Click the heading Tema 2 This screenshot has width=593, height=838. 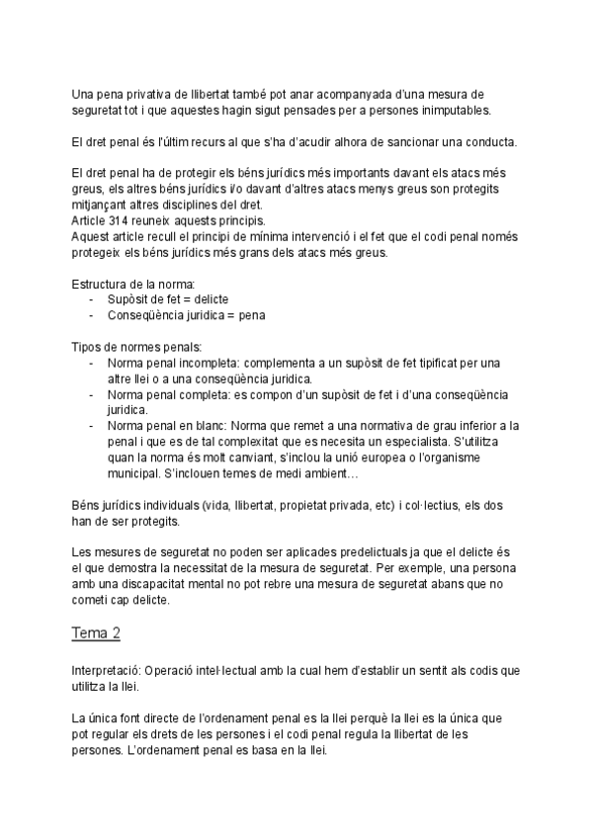tap(98, 630)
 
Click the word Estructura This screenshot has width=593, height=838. tap(101, 284)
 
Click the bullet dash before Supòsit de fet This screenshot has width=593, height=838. tap(92, 299)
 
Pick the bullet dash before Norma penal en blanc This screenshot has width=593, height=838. tap(92, 425)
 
